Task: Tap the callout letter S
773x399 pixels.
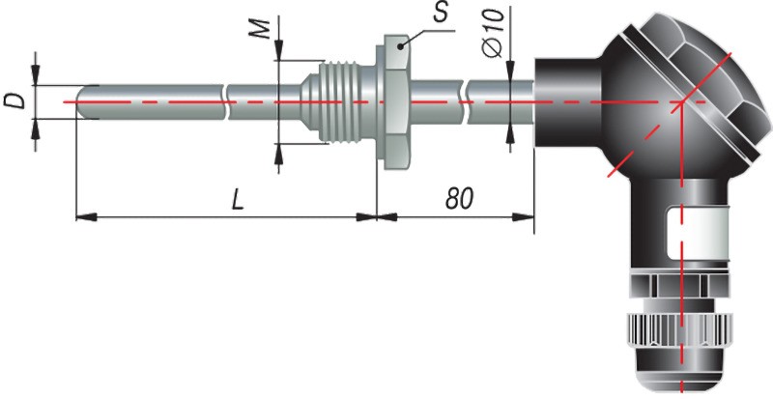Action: click(x=441, y=13)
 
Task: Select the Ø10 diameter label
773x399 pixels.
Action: click(x=495, y=33)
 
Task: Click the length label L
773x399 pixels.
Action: click(x=238, y=200)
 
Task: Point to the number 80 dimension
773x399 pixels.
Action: click(x=460, y=198)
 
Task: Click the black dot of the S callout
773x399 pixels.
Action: click(x=402, y=46)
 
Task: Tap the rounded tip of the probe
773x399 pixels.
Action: click(x=80, y=102)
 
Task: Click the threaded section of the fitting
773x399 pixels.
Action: click(x=339, y=102)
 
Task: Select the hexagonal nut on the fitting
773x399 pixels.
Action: click(x=394, y=102)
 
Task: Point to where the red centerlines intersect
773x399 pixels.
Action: click(x=682, y=102)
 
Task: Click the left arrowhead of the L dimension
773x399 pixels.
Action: click(x=86, y=217)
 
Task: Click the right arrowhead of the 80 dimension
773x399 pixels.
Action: click(x=524, y=217)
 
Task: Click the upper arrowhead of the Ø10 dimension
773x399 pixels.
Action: click(x=510, y=70)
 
